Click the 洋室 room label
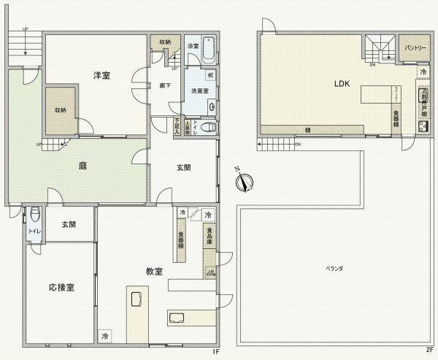click(101, 75)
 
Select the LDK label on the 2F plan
click(342, 84)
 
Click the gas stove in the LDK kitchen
click(423, 126)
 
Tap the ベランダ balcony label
click(334, 269)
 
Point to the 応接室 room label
click(61, 287)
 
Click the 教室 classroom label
click(154, 272)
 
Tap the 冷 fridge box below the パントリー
click(423, 72)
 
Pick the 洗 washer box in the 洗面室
click(210, 76)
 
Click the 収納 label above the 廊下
click(165, 42)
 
